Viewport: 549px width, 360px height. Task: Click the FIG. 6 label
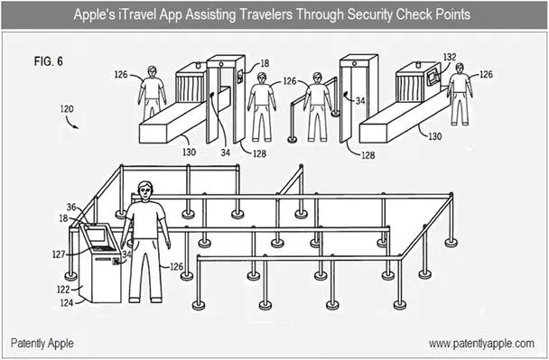tap(49, 61)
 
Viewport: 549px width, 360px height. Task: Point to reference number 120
tap(67, 109)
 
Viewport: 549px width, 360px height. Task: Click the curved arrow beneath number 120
tap(71, 123)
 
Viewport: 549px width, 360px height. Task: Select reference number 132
tap(450, 57)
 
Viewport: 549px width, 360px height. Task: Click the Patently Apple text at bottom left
tap(42, 343)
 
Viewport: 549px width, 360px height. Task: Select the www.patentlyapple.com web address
tap(481, 344)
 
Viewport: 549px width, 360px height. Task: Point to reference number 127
tap(59, 254)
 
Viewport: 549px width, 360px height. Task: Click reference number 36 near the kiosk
tap(71, 208)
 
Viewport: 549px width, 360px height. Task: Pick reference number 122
tap(63, 290)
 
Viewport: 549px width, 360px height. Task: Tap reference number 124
tap(67, 302)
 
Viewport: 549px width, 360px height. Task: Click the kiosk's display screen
tap(97, 235)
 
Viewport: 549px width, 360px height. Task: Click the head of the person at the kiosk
tap(145, 191)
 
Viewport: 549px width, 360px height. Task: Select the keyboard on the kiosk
tap(104, 249)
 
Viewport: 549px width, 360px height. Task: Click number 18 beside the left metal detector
tap(265, 63)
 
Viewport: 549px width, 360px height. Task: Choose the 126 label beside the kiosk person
tap(176, 266)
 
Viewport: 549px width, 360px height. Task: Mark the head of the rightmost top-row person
tap(460, 69)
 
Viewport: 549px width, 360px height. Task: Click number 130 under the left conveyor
tap(189, 152)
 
